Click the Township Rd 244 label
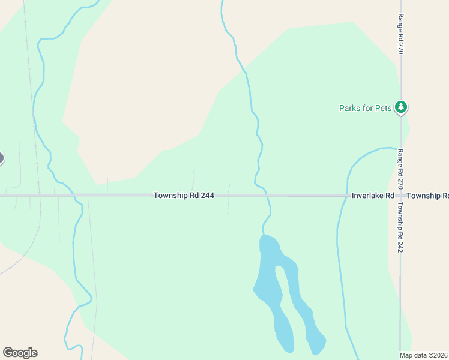click(x=184, y=196)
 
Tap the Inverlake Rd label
click(x=372, y=196)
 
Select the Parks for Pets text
click(x=365, y=108)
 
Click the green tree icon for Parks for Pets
click(x=401, y=107)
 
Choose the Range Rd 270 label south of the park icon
click(x=400, y=168)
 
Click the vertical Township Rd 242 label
click(x=400, y=227)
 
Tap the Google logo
click(x=20, y=352)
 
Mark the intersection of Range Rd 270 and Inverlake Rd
click(x=400, y=196)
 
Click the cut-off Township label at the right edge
click(x=427, y=196)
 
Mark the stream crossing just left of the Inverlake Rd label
click(x=345, y=196)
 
